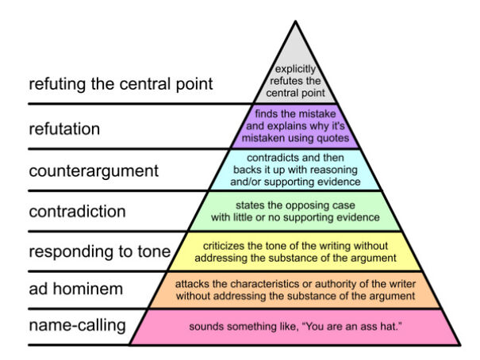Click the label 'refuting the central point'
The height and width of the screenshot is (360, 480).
[121, 85]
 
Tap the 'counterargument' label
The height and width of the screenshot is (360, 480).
[94, 170]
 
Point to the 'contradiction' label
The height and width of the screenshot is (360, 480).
[77, 212]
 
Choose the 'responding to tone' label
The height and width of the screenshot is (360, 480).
[99, 252]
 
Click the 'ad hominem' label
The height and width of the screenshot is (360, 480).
[75, 289]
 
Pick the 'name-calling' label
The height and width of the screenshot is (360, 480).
[78, 325]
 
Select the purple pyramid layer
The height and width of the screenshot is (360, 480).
[296, 127]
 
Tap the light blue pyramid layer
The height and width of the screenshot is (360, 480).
[296, 170]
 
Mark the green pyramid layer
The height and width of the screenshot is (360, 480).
[296, 211]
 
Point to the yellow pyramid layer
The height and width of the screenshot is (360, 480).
[296, 251]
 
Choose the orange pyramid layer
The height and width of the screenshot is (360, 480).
[296, 289]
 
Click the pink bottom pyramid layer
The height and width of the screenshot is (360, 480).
[296, 327]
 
